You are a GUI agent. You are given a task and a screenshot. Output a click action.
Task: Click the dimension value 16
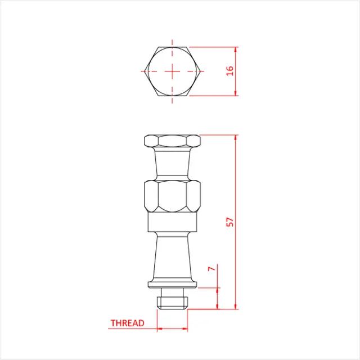(x=229, y=71)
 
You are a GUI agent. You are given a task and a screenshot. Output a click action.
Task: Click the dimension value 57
(x=229, y=222)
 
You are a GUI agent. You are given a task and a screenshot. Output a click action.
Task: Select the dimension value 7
(x=211, y=269)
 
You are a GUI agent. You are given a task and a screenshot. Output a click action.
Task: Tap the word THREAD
(x=127, y=323)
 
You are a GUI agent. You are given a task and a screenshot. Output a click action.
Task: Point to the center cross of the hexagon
(x=173, y=71)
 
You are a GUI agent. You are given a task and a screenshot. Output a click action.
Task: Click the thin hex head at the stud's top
(x=172, y=141)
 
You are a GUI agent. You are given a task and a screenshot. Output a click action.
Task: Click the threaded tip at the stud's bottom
(x=172, y=302)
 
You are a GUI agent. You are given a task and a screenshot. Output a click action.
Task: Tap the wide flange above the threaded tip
(x=172, y=283)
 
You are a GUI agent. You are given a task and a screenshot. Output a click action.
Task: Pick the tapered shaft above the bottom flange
(x=172, y=256)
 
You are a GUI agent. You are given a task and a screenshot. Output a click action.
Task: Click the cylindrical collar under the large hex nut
(x=172, y=223)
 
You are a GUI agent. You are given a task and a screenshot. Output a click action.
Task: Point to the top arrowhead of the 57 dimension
(x=237, y=138)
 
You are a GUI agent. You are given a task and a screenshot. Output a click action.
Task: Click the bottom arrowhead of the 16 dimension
(x=237, y=93)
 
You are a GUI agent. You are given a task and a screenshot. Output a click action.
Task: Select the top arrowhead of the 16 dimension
(x=237, y=49)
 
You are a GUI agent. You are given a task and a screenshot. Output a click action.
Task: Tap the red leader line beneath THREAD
(x=132, y=328)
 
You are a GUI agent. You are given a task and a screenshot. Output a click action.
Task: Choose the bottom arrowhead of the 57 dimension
(x=237, y=307)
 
